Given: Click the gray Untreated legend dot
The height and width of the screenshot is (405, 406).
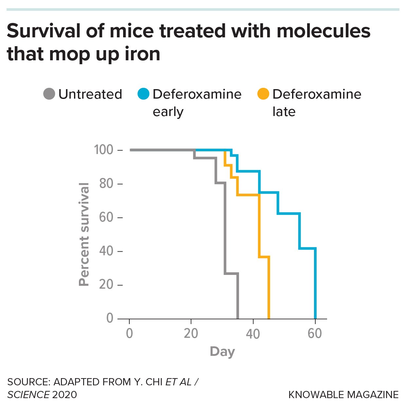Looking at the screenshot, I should tap(49, 94).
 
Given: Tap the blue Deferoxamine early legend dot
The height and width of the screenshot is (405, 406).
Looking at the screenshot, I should tap(143, 94).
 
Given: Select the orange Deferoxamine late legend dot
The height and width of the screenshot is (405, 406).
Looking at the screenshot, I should tap(263, 94).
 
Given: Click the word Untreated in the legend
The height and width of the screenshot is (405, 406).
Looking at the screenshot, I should tap(90, 94).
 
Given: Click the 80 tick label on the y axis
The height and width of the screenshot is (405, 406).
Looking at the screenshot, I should tap(106, 184).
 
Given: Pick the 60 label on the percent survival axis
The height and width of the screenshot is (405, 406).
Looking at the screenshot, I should tap(106, 218).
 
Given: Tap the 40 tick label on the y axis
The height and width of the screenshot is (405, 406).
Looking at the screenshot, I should tap(106, 251).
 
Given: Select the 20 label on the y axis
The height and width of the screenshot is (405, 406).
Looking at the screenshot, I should tap(106, 285).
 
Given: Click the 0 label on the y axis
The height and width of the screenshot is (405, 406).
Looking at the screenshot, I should tap(110, 318).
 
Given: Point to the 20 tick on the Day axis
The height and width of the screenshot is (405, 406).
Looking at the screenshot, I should tap(191, 334).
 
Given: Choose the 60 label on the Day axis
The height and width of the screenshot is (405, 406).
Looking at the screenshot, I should tap(315, 334).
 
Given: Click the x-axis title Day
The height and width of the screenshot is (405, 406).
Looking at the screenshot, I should tap(222, 352).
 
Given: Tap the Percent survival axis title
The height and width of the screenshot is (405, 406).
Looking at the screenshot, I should tap(84, 234).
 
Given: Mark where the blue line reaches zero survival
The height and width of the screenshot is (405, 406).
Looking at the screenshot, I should tap(315, 318).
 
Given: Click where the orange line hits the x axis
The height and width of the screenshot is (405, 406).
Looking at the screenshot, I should tap(268, 318).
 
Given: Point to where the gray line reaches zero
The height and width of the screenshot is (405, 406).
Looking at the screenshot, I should tap(237, 318).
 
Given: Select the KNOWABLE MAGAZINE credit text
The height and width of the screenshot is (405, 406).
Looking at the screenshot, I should tap(343, 395).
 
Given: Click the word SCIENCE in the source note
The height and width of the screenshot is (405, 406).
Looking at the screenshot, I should tap(28, 395).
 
